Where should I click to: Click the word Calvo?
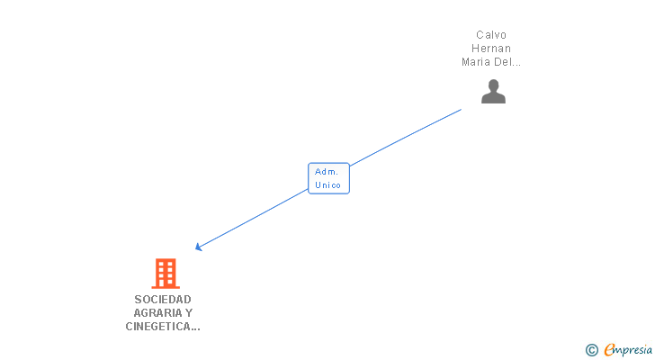coord(491,35)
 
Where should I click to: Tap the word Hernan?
coord(491,48)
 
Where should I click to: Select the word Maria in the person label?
coord(475,62)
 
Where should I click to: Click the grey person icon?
coord(493,91)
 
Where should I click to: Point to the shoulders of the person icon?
coord(493,98)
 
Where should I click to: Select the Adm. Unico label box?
coord(328,178)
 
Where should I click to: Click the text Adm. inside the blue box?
coord(327,172)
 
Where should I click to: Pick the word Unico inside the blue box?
coord(327,185)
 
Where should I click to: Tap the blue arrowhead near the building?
coord(199,247)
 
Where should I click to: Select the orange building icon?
coord(166,274)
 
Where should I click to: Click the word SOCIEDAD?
coord(163,300)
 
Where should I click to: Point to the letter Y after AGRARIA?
coord(189,313)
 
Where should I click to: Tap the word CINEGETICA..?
coord(158,327)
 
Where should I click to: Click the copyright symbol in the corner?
coord(591,350)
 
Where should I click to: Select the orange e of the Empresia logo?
coord(609,349)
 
